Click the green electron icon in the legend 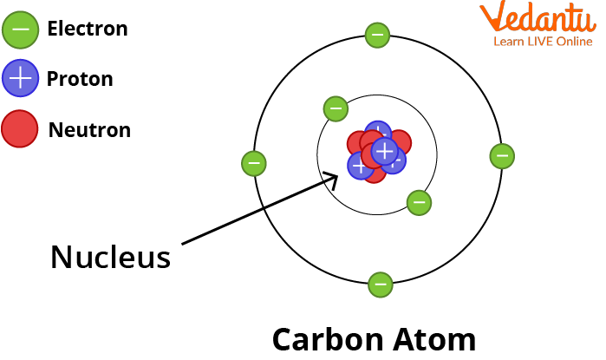pos(20,29)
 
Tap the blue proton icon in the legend pos(20,79)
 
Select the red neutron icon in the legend pos(20,129)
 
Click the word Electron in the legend pos(88,29)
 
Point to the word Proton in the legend pos(81,79)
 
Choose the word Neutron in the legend pos(89,130)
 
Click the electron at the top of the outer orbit pos(377,35)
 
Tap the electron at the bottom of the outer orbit pos(380,284)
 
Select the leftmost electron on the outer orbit pos(253,162)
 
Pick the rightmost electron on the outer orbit pos(502,156)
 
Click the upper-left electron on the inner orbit pos(336,109)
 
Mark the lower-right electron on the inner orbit pos(419,203)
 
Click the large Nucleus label pos(110,257)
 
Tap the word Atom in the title pos(439,338)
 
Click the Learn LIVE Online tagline pos(544,41)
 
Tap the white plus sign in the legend pos(20,79)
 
